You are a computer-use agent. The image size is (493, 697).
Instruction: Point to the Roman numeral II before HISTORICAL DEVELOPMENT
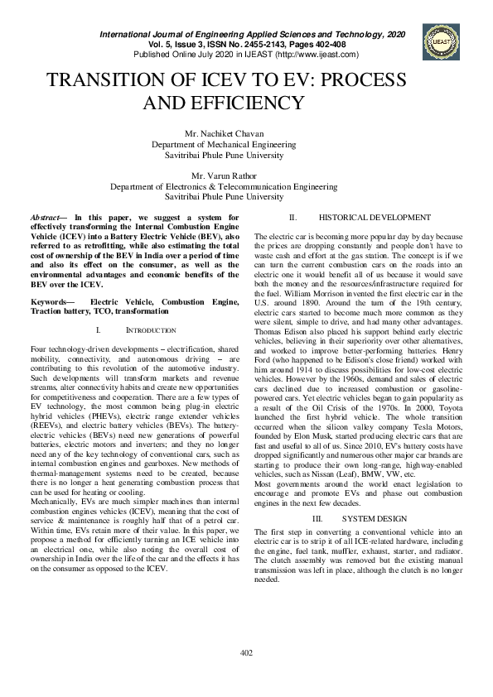[x=292, y=218]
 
